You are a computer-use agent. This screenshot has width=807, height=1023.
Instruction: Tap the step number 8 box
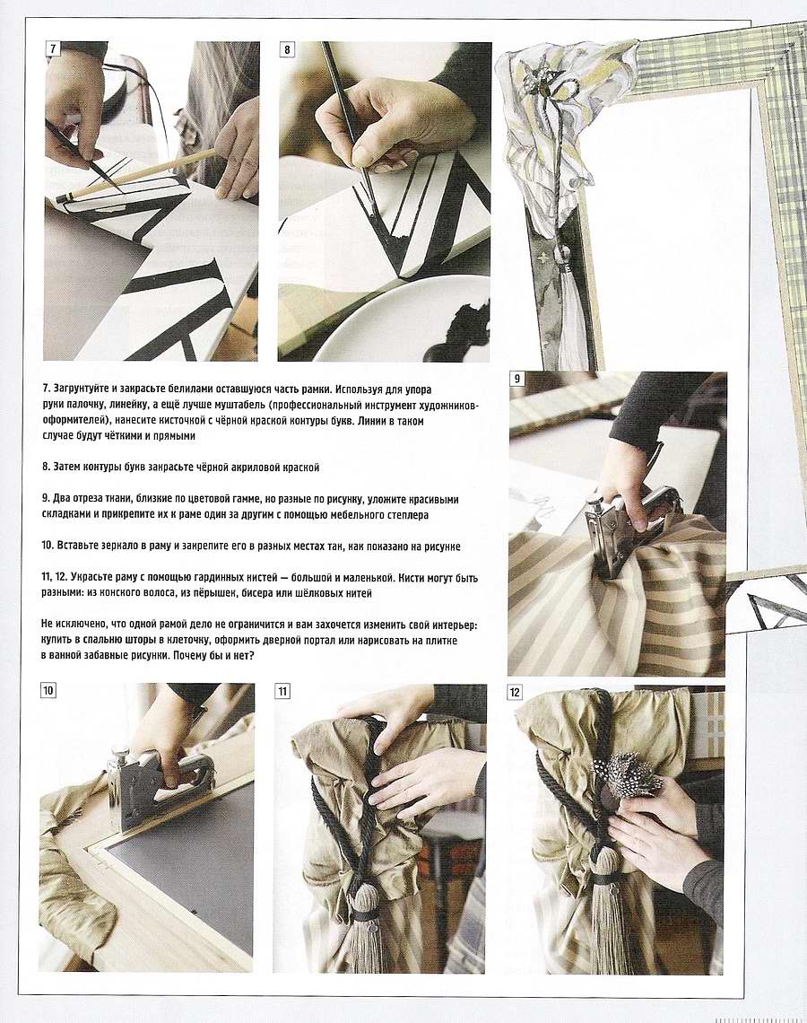point(288,49)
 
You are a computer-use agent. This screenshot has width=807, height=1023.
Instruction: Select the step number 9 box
point(516,379)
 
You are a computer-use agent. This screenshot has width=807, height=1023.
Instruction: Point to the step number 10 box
point(48,690)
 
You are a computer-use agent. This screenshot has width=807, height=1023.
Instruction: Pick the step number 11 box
point(282,692)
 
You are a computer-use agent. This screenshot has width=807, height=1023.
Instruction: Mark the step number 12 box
point(515,692)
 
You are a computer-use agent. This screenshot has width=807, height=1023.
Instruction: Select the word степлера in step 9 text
point(404,515)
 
